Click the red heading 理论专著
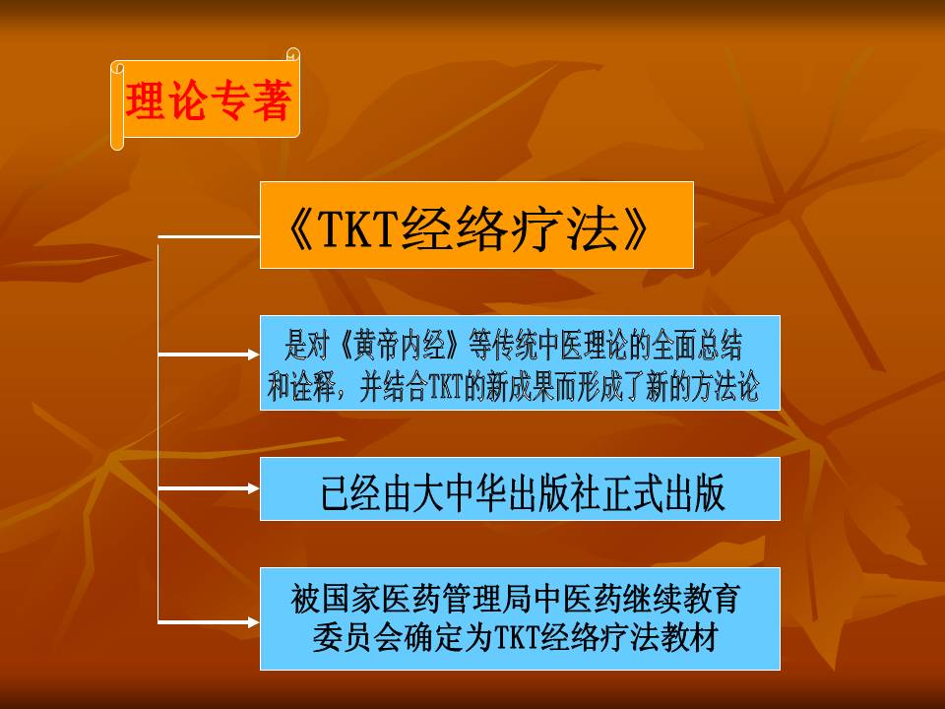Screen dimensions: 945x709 209,100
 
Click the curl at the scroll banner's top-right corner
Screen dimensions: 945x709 293,54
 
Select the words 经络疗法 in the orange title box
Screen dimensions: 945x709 509,229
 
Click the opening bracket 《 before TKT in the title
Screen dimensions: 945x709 300,229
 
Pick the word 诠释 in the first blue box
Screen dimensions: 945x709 312,386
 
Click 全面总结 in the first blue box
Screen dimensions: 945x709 696,346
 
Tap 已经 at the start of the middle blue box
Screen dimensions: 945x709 350,492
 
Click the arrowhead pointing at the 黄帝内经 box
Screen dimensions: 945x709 254,354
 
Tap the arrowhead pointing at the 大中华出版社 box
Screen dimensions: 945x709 254,488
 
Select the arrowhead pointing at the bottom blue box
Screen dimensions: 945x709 254,622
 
